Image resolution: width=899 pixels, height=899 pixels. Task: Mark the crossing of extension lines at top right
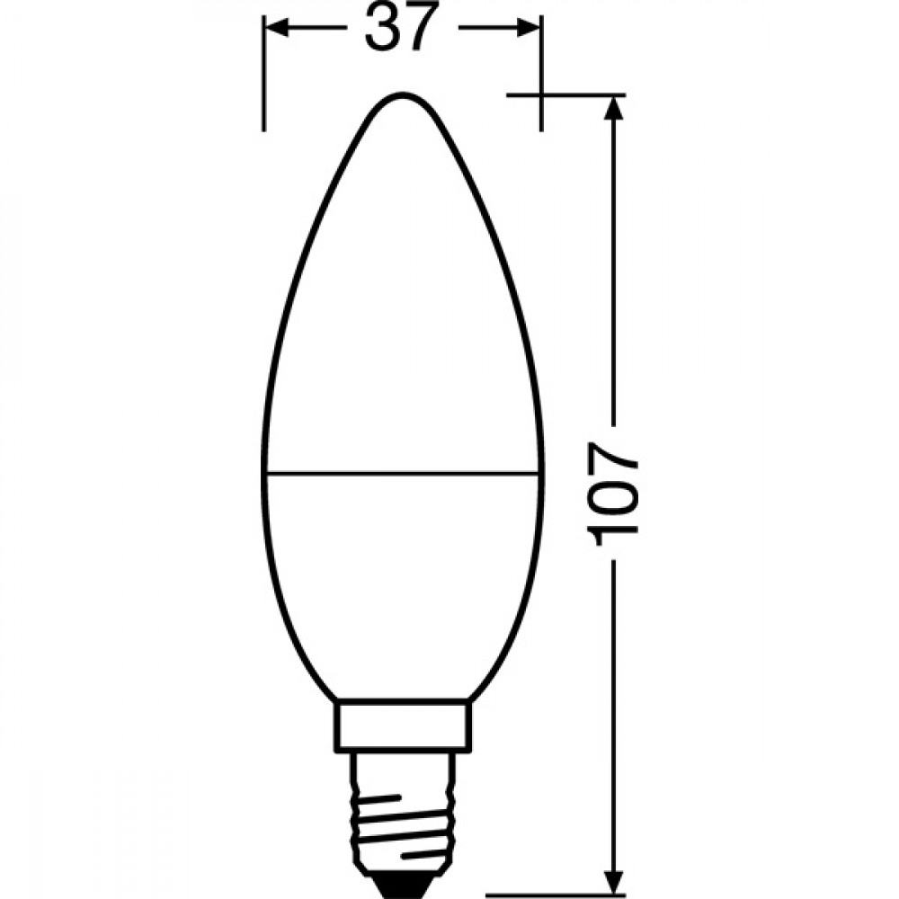pyautogui.click(x=541, y=94)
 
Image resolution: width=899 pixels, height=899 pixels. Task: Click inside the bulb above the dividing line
pyautogui.click(x=402, y=315)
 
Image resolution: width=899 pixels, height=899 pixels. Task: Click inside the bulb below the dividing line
pyautogui.click(x=402, y=584)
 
